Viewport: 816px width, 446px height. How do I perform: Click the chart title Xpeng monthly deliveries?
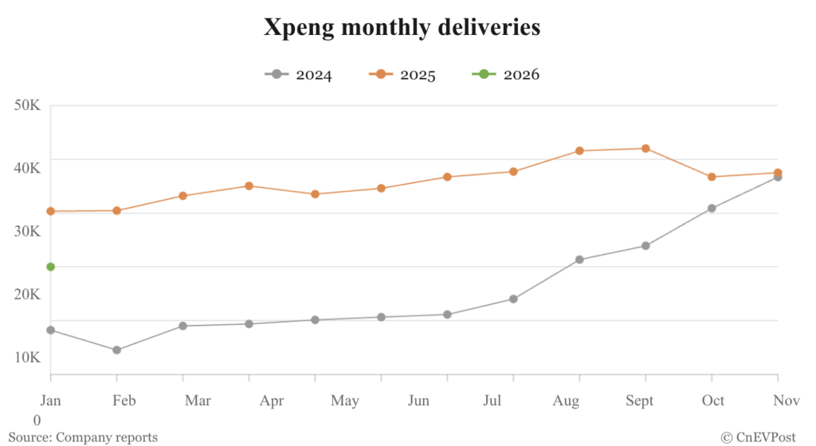coord(402,28)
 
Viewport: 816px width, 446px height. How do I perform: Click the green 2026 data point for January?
coord(50,267)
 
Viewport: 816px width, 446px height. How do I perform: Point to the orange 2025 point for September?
coord(645,148)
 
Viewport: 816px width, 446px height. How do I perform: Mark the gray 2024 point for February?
coord(116,350)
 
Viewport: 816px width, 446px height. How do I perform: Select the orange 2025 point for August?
coord(579,151)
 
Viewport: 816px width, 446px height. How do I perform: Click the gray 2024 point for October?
coord(712,209)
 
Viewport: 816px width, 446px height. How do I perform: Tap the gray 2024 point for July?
coord(513,299)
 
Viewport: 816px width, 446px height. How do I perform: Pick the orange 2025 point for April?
coord(249,186)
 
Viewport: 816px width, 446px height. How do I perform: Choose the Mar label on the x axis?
coord(198,401)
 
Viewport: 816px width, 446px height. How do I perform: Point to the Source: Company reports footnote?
coord(83,437)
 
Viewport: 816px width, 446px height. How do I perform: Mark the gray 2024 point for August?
coord(579,260)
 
